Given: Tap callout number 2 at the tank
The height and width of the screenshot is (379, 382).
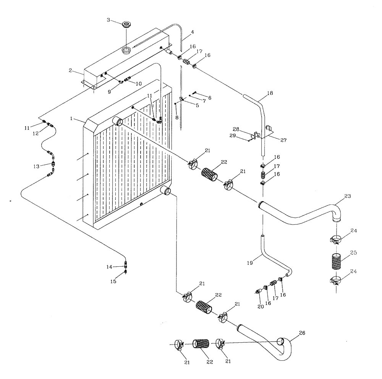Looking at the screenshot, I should (71, 70).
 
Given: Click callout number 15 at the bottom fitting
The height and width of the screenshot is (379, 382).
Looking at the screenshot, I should (113, 281).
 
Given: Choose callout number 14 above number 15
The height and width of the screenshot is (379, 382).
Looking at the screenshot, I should (110, 267).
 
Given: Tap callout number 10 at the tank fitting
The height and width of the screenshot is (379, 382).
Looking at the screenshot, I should (138, 83).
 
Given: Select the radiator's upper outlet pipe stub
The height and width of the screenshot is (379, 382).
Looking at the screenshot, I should (118, 121).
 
